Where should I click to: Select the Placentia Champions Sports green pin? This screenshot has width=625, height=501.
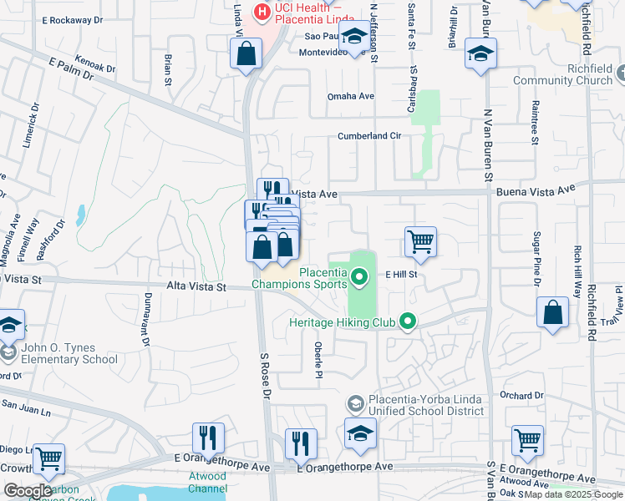coord(360,276)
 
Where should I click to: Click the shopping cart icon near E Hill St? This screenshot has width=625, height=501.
coord(420,242)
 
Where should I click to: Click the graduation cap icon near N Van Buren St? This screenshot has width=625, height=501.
coord(480,54)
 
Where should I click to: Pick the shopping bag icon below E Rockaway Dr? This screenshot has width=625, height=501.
coord(246,54)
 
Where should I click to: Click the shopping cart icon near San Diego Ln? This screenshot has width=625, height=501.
coord(48,457)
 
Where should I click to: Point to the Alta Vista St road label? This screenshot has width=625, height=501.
coord(196,286)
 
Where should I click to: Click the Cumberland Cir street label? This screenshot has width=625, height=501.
coord(369,135)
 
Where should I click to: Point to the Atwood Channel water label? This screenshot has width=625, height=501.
coord(206,482)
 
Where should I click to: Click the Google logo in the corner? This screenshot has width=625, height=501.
coord(28,491)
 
